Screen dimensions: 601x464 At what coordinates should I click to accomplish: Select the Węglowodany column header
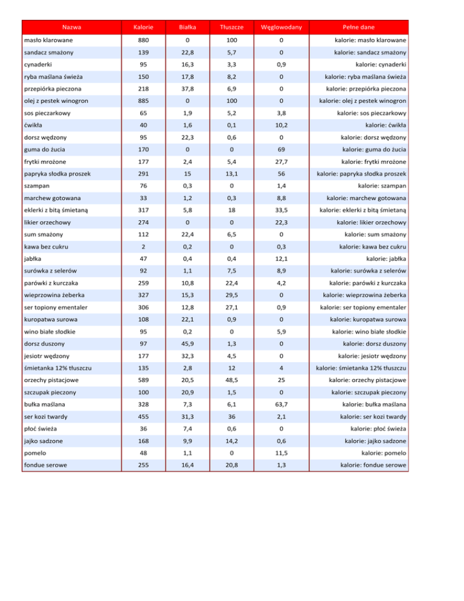pyautogui.click(x=281, y=27)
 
